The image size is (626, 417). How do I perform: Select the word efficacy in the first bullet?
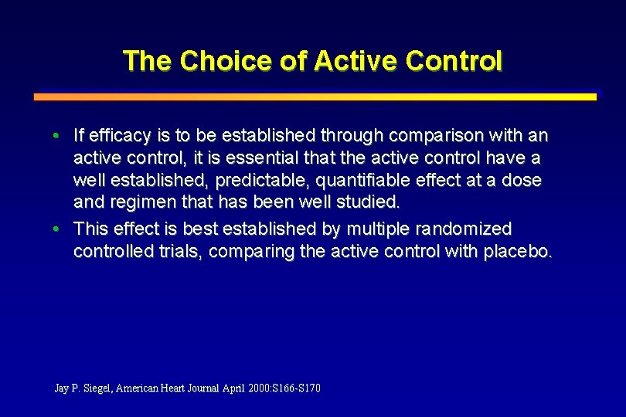[x=120, y=137]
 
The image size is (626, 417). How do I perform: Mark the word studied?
[x=369, y=203]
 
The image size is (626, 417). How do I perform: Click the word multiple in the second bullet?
[x=378, y=229]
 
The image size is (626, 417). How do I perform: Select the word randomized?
[x=464, y=229]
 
